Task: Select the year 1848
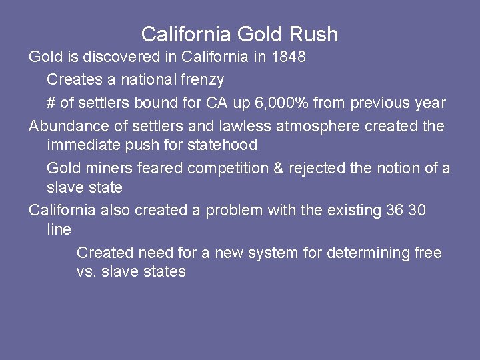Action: click(x=289, y=57)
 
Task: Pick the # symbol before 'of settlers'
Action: click(x=51, y=103)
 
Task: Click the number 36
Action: click(x=394, y=211)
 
